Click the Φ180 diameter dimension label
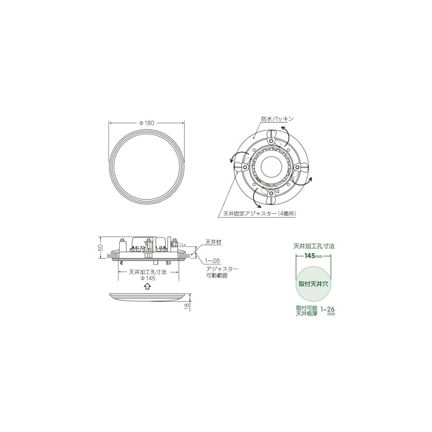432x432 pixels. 147,123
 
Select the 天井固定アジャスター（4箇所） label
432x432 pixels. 259,213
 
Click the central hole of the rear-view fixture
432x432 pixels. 269,167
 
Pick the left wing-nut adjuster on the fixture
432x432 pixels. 245,168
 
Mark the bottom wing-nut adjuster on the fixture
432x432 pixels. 270,193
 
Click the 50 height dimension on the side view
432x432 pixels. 100,248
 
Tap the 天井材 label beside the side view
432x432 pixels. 213,241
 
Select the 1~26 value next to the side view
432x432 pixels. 212,260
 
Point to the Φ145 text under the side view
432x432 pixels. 147,279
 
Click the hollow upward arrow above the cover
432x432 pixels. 147,287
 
